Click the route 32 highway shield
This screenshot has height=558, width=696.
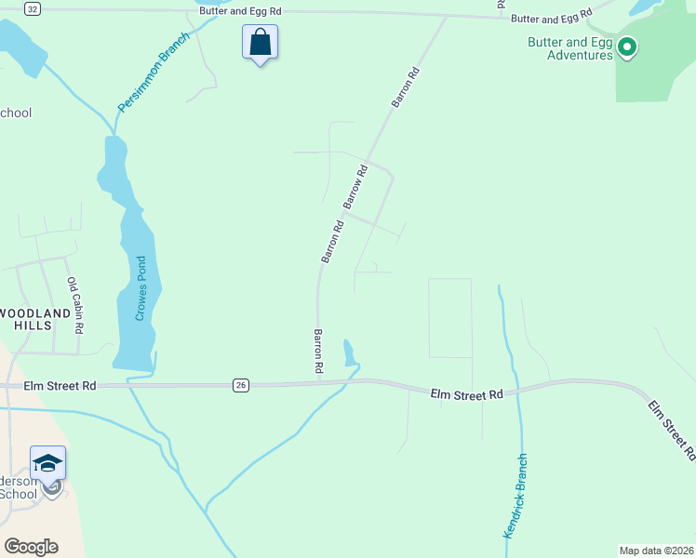tap(32, 8)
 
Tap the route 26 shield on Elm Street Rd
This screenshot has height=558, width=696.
tap(241, 385)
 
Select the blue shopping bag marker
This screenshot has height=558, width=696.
tap(260, 42)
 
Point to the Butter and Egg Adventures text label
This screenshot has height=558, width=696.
tap(569, 48)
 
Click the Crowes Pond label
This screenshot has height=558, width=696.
tap(141, 288)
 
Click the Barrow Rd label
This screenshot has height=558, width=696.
tap(356, 186)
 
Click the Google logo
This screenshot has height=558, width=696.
tap(31, 546)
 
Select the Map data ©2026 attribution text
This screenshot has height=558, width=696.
tap(656, 551)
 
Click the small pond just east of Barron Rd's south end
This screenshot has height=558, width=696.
tap(349, 353)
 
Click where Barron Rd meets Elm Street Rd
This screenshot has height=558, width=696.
tap(319, 381)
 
